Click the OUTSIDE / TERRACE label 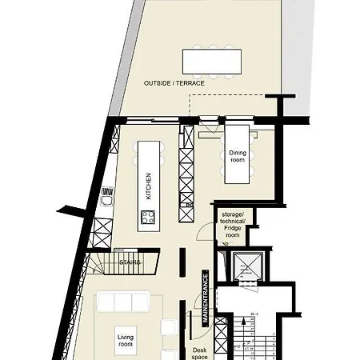click(174, 83)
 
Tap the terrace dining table click(212, 62)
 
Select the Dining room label click(238, 156)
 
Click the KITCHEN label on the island click(149, 186)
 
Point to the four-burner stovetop click(148, 217)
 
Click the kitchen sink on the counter click(107, 201)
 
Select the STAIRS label click(130, 262)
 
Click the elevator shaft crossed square click(248, 266)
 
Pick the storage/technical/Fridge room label click(233, 225)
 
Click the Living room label click(125, 341)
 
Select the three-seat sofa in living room click(123, 302)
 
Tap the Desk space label click(199, 354)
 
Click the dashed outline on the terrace click(226, 94)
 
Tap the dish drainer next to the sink click(108, 191)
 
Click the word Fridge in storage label click(233, 228)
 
